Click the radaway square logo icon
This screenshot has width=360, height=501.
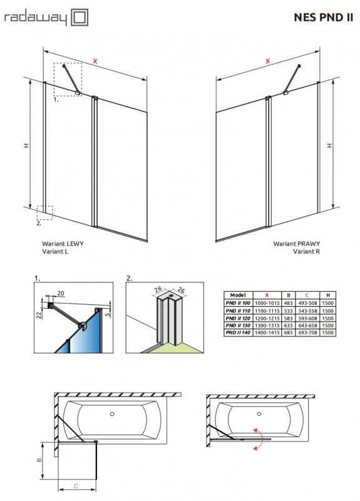click(x=79, y=18)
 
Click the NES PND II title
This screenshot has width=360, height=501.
click(x=323, y=18)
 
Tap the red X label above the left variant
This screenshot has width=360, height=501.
click(x=95, y=60)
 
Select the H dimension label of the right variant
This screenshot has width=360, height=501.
click(x=330, y=145)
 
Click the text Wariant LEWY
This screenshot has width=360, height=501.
click(x=63, y=244)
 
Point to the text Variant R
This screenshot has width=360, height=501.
click(x=306, y=251)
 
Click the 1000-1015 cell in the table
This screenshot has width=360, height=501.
click(x=267, y=303)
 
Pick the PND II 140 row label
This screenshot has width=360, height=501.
click(x=238, y=333)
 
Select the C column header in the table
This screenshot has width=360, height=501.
click(x=307, y=295)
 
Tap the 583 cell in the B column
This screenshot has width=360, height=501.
click(x=288, y=318)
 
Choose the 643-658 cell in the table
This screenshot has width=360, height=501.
click(x=307, y=325)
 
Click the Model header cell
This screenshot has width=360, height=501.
click(x=238, y=295)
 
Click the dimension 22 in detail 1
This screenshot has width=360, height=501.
click(x=39, y=315)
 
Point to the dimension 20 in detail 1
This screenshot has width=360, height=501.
click(x=60, y=293)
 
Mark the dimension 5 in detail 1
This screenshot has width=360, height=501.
click(x=108, y=314)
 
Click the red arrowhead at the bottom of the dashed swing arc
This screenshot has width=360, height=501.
click(x=255, y=448)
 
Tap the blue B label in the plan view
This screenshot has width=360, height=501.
click(x=39, y=460)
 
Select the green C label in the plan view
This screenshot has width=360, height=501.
click(x=76, y=486)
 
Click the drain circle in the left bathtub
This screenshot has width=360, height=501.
click(x=112, y=414)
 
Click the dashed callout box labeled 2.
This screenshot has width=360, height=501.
click(x=44, y=212)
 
